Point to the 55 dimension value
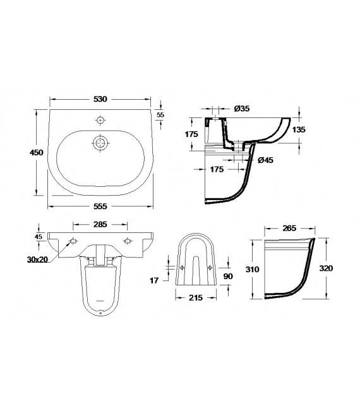point(160,115)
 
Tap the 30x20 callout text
point(38,259)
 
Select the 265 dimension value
point(290,229)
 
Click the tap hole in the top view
point(100,119)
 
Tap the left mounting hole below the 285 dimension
point(73,241)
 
